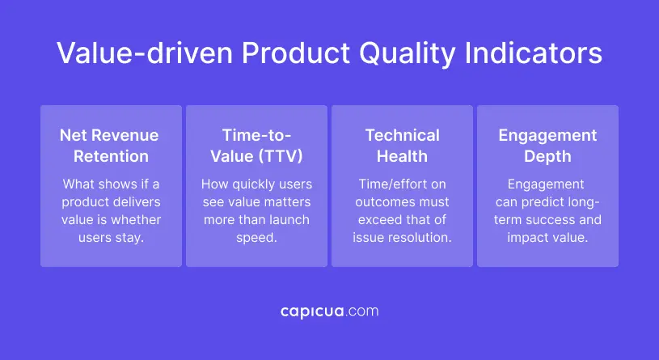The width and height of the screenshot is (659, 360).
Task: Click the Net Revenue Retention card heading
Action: [x=109, y=146]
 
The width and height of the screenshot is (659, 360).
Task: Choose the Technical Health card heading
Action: [x=402, y=146]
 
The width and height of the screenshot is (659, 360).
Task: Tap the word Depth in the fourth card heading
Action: [x=547, y=156]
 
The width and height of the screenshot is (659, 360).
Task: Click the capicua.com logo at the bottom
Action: [x=329, y=311]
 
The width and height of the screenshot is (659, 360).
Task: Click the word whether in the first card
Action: [x=134, y=220]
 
